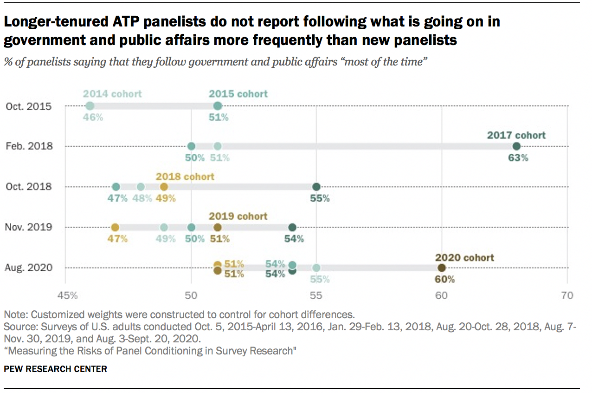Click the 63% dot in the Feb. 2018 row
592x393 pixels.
(516, 146)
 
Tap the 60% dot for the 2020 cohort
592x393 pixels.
(441, 268)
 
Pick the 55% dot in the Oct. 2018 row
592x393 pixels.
(316, 187)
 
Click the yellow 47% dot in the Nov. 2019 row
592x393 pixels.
(115, 227)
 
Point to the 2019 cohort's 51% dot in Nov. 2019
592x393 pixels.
(218, 227)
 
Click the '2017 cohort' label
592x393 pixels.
(516, 136)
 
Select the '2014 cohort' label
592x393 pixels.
(112, 94)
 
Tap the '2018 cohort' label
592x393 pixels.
(185, 177)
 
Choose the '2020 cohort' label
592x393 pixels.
(464, 257)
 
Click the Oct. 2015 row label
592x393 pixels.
(29, 106)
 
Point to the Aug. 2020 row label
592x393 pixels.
(29, 268)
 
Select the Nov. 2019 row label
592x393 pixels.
(29, 227)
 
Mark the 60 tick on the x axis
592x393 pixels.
(441, 295)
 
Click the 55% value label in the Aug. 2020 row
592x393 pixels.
(320, 280)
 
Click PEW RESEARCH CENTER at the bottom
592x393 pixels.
(55, 369)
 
